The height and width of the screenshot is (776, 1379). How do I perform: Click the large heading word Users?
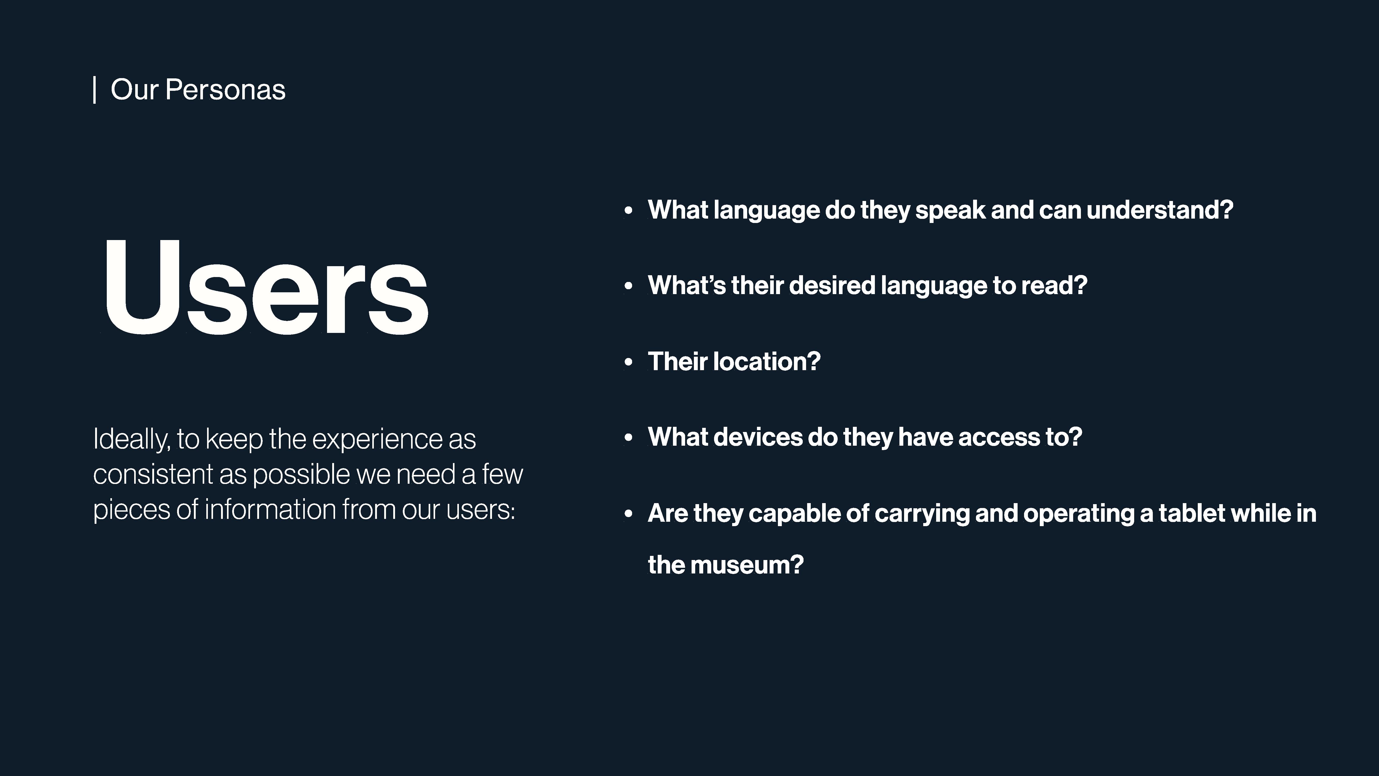point(266,287)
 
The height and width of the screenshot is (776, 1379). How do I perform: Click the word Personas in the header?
point(225,89)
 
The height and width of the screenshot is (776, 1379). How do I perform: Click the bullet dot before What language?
point(628,211)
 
